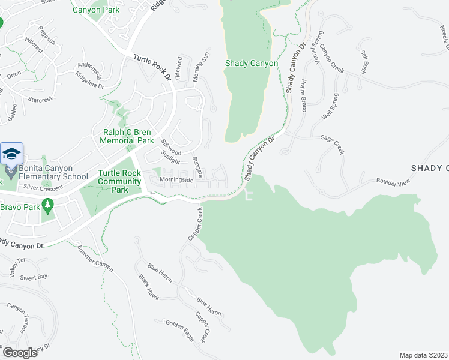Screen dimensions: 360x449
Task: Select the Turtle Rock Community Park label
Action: [x=119, y=181]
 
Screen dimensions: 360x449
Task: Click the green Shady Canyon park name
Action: [x=252, y=64]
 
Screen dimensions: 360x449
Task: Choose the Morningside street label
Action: [x=176, y=179]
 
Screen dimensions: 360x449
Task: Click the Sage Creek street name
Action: [x=332, y=145]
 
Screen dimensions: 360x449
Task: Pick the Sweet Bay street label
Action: [x=34, y=277]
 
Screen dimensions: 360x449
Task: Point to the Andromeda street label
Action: [x=91, y=71]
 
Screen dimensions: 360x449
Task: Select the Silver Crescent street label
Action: [x=43, y=187]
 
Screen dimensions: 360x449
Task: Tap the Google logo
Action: [x=20, y=352]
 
